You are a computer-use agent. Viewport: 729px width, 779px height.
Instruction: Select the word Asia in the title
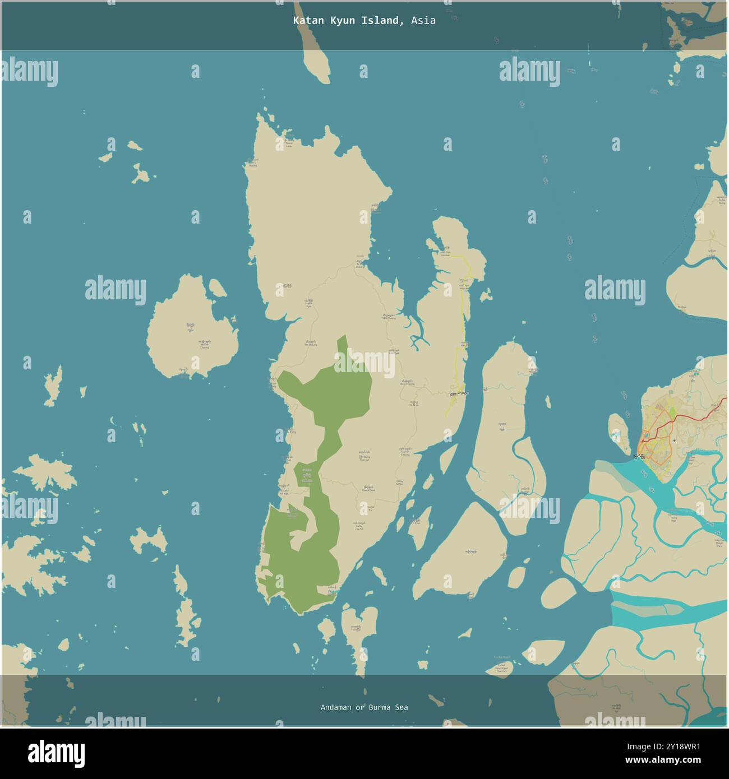click(423, 21)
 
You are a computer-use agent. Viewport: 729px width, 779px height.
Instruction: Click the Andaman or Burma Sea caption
click(364, 707)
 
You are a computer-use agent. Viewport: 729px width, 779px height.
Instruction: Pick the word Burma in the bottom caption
click(381, 707)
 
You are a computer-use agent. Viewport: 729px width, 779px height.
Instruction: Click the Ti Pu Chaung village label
click(388, 318)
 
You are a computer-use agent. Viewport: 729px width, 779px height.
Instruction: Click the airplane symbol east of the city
click(673, 441)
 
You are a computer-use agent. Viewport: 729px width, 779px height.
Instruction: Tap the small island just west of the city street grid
click(618, 432)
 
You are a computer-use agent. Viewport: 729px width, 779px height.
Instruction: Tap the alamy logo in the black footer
click(56, 753)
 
